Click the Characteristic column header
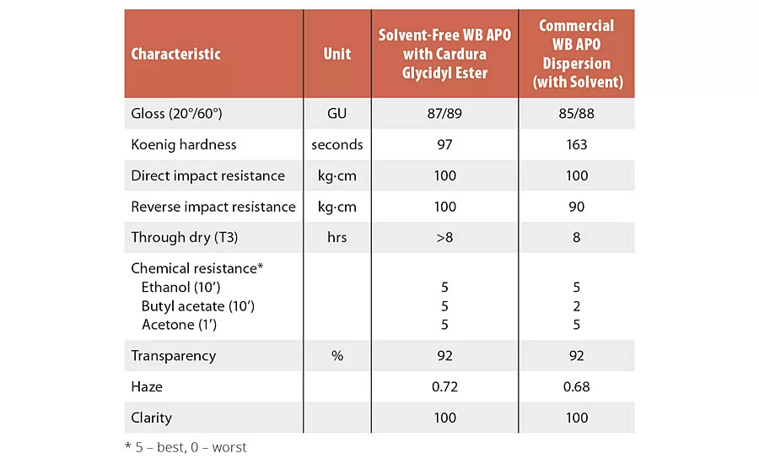click(175, 54)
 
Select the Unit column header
click(337, 54)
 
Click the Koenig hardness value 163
click(577, 144)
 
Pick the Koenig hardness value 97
click(444, 144)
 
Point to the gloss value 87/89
click(444, 114)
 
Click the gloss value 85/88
click(577, 114)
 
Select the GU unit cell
click(337, 114)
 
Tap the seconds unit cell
click(337, 144)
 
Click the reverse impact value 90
click(577, 207)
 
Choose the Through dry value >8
click(444, 238)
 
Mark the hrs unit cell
click(337, 238)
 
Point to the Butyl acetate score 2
click(577, 306)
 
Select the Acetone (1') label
click(180, 325)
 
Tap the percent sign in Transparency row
click(337, 356)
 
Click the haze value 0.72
click(444, 387)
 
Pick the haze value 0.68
click(577, 387)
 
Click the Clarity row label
click(152, 418)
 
